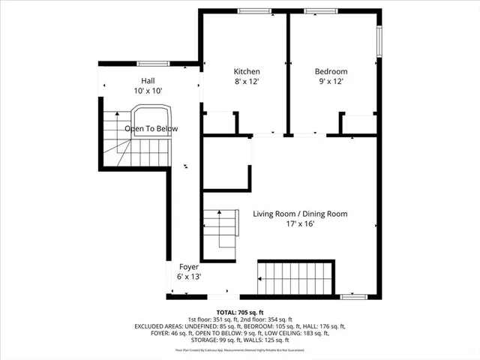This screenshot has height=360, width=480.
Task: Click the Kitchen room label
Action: tap(246, 72)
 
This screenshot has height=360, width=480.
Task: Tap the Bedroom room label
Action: tap(331, 72)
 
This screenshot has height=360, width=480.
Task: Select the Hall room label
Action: tap(148, 80)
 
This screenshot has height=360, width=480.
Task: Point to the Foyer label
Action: tap(187, 267)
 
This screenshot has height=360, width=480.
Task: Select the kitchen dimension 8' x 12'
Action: tap(246, 82)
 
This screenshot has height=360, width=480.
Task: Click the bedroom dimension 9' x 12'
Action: tap(331, 82)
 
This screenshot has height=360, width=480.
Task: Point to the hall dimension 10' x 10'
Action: tap(148, 90)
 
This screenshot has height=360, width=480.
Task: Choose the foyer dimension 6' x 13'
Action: tap(187, 277)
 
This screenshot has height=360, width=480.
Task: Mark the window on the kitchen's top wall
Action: tap(249, 10)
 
